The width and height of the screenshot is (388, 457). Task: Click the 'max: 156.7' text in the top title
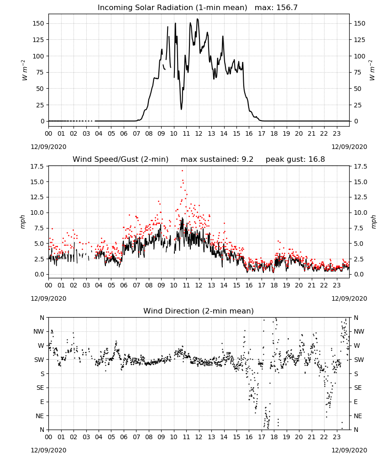click(276, 7)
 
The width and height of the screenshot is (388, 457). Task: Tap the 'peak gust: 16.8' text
click(295, 159)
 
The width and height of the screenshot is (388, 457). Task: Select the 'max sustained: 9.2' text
click(217, 159)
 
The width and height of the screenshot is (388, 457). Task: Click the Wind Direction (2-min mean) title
click(199, 311)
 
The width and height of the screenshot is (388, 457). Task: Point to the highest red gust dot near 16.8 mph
click(183, 170)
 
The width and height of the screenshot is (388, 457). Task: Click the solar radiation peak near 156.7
click(197, 19)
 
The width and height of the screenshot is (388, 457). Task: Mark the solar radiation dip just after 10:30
click(181, 109)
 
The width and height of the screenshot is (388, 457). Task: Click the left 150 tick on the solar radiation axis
click(39, 23)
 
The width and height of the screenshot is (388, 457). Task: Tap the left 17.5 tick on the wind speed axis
click(37, 166)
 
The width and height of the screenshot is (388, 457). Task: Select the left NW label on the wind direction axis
click(39, 331)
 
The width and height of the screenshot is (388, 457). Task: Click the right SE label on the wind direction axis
click(358, 388)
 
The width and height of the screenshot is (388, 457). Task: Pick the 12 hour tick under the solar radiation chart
click(199, 134)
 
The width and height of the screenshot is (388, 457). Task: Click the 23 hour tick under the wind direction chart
click(336, 437)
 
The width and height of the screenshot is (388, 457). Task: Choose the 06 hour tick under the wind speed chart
click(124, 285)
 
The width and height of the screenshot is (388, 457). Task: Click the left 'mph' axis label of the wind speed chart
click(23, 222)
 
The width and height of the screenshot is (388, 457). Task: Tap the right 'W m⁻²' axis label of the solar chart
click(372, 70)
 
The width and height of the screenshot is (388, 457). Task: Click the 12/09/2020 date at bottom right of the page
click(349, 450)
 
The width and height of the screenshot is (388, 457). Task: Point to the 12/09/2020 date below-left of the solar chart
click(48, 147)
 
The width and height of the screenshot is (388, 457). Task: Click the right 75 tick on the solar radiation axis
click(357, 72)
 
